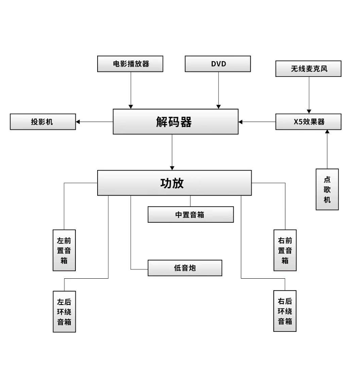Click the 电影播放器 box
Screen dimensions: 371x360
coord(131,64)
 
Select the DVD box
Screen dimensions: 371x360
coord(218,64)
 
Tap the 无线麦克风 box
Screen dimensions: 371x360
coord(308,69)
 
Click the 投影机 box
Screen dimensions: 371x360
coord(43,122)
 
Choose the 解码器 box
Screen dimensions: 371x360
coord(176,122)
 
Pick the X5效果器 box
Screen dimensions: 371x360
coord(308,122)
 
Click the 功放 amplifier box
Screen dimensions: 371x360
coord(174,183)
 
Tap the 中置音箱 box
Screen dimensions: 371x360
coord(190,215)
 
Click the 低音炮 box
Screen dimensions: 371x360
coord(184,268)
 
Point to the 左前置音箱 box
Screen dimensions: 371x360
coord(64,250)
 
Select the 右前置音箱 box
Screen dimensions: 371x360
coord(285,250)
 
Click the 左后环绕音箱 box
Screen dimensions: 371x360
coord(64,311)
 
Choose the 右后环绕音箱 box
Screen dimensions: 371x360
coord(285,311)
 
